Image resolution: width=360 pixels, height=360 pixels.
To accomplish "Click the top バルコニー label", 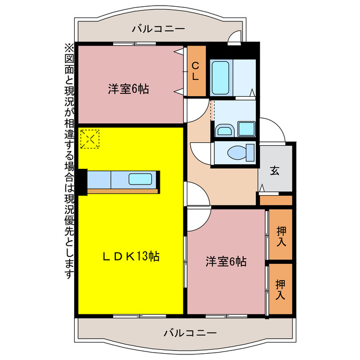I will (x=158, y=29).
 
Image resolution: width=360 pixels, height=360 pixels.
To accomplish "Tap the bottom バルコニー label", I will (x=190, y=333).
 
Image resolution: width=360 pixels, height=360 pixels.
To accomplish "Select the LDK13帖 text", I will (x=131, y=256).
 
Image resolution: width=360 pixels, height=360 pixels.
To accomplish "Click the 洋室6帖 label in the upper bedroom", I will (x=129, y=89).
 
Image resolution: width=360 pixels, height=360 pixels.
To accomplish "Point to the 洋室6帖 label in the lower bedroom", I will (x=226, y=261).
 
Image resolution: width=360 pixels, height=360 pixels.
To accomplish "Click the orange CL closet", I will (x=195, y=71).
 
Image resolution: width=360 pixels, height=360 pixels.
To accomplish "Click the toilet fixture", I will (x=235, y=152).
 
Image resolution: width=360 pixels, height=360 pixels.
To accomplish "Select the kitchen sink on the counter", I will (x=140, y=180).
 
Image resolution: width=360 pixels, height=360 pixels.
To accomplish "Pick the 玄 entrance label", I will (x=275, y=171).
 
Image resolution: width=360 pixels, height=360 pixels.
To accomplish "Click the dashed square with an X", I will (x=90, y=139).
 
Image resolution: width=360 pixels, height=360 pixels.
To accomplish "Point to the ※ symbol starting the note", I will (x=69, y=47).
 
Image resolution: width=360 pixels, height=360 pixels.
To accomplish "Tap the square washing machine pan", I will (x=246, y=128).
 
